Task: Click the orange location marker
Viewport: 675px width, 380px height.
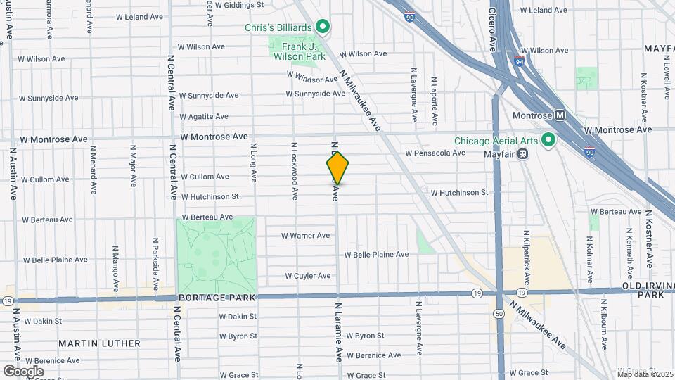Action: [x=337, y=167]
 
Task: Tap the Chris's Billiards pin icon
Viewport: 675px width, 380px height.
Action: [x=323, y=27]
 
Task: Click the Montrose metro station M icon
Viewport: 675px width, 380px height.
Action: [x=560, y=115]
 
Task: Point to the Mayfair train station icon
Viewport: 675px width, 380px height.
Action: [x=523, y=153]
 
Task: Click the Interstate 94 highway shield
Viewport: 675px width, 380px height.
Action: [x=518, y=61]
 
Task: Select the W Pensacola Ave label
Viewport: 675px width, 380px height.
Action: [x=435, y=153]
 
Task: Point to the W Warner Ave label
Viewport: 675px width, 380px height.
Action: [x=305, y=236]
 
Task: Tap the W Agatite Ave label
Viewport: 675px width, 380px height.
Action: [x=204, y=117]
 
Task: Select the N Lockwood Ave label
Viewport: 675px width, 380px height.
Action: [x=294, y=166]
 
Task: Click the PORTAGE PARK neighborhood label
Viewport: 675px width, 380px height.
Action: [x=207, y=298]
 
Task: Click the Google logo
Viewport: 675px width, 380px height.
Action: [x=23, y=371]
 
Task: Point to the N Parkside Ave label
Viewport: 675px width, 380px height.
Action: [x=155, y=258]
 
